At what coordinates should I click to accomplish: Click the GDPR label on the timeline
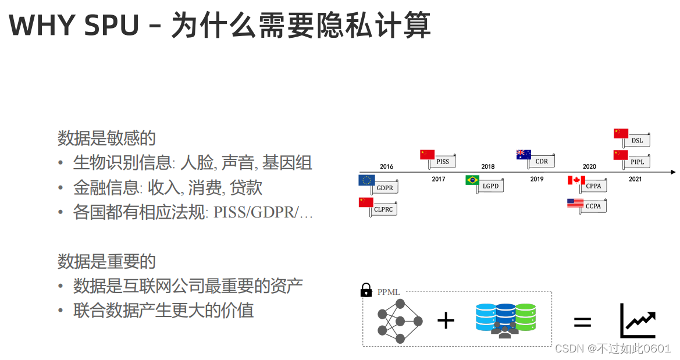pyautogui.click(x=385, y=188)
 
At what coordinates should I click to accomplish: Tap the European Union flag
pyautogui.click(x=366, y=180)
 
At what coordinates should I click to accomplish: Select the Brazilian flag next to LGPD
pyautogui.click(x=472, y=180)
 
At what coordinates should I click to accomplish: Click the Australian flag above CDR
pyautogui.click(x=524, y=154)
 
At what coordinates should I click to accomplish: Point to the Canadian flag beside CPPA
pyautogui.click(x=576, y=180)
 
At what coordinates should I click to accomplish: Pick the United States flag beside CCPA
pyautogui.click(x=575, y=203)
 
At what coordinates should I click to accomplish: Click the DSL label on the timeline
pyautogui.click(x=637, y=140)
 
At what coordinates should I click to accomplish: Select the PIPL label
pyautogui.click(x=638, y=162)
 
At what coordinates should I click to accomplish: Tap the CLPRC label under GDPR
pyautogui.click(x=383, y=209)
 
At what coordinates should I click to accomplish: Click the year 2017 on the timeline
pyautogui.click(x=439, y=179)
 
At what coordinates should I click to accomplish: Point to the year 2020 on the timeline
pyautogui.click(x=589, y=166)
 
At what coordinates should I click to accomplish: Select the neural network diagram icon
pyautogui.click(x=400, y=321)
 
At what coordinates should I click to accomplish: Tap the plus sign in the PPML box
pyautogui.click(x=446, y=320)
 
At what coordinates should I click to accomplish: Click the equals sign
pyautogui.click(x=582, y=322)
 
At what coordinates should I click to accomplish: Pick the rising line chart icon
pyautogui.click(x=638, y=320)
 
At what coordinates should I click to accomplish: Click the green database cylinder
pyautogui.click(x=525, y=316)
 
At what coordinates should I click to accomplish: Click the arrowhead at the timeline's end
pyautogui.click(x=673, y=172)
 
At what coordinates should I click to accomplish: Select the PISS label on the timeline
pyautogui.click(x=443, y=162)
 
